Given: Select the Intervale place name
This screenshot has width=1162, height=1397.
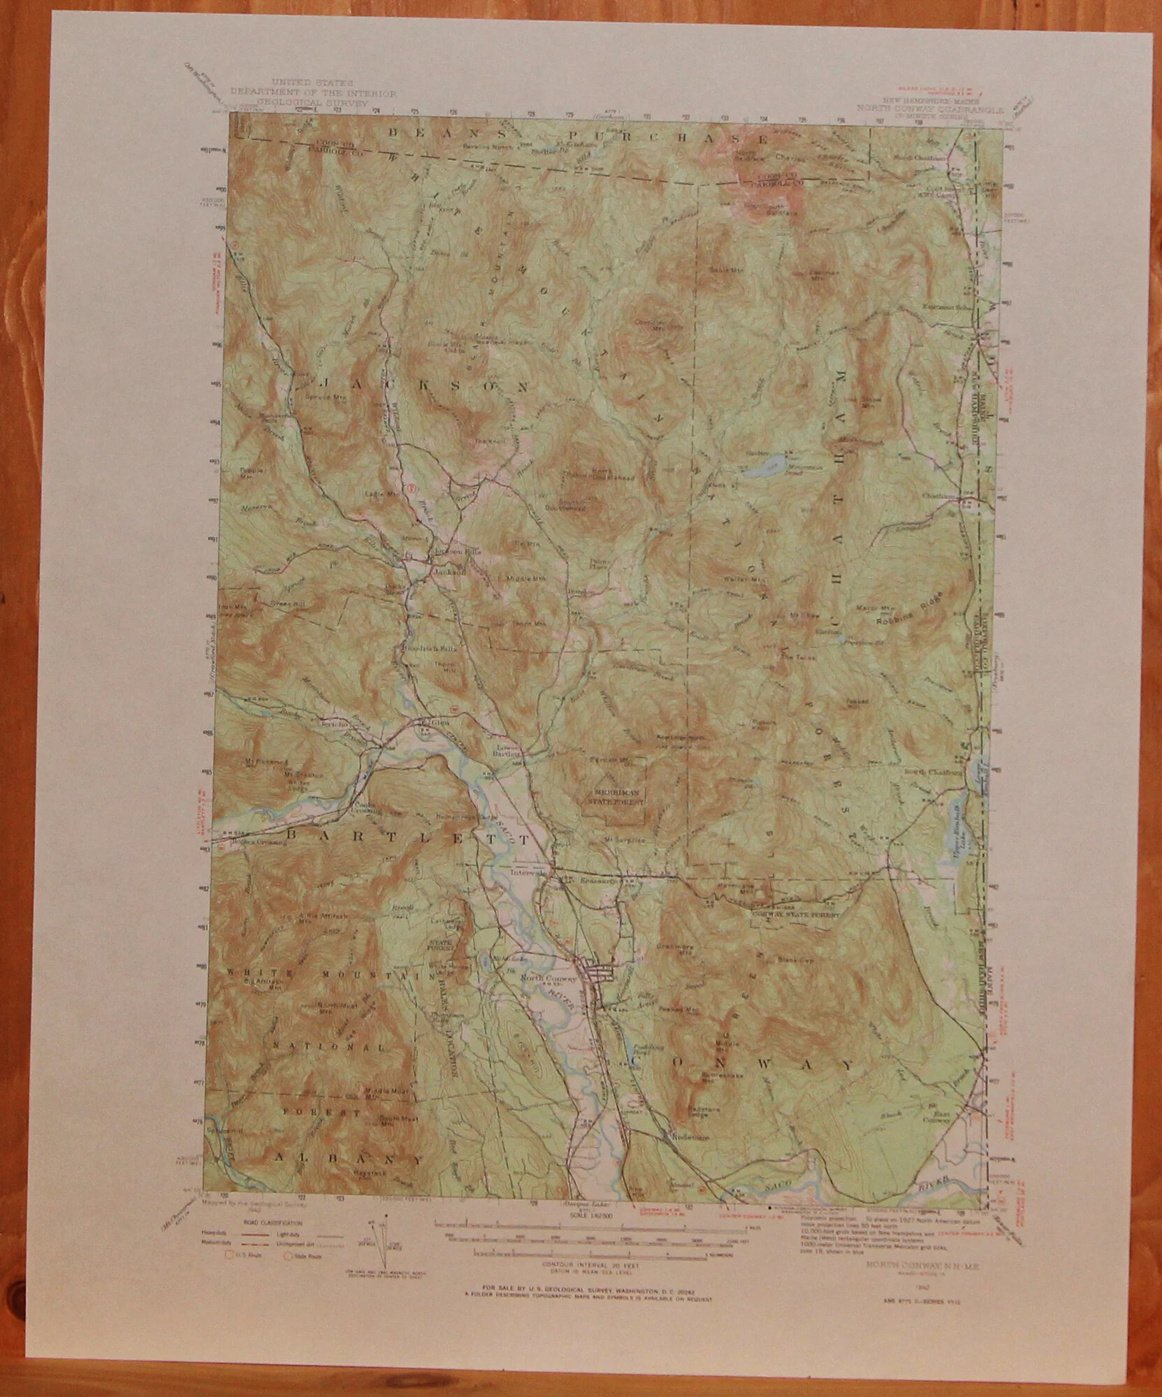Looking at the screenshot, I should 528,874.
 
